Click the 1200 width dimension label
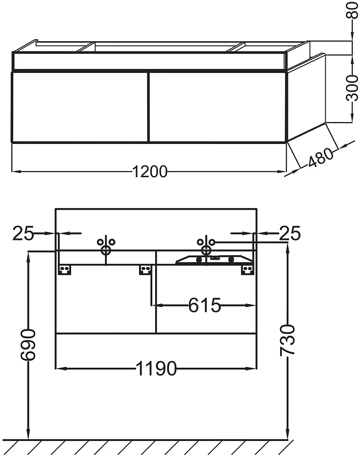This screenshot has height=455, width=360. tap(150, 172)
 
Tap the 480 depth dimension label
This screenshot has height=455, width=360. tap(321, 158)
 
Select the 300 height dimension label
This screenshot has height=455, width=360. tap(353, 88)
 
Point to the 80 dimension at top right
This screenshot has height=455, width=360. tap(353, 10)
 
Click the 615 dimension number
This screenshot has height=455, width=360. tap(204, 305)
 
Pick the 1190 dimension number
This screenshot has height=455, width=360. tap(156, 369)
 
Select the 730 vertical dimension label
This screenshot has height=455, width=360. tap(288, 340)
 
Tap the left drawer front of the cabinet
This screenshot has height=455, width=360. tap(80, 107)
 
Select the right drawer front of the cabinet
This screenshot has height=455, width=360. tap(218, 107)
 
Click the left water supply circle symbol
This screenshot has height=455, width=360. tap(106, 250)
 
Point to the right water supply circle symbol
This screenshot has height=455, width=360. tap(206, 250)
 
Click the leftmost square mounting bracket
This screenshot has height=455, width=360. tap(65, 270)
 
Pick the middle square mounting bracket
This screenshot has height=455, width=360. tap(146, 270)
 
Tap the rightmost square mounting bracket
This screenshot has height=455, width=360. tap(247, 270)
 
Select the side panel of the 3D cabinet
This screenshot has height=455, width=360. tap(306, 97)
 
